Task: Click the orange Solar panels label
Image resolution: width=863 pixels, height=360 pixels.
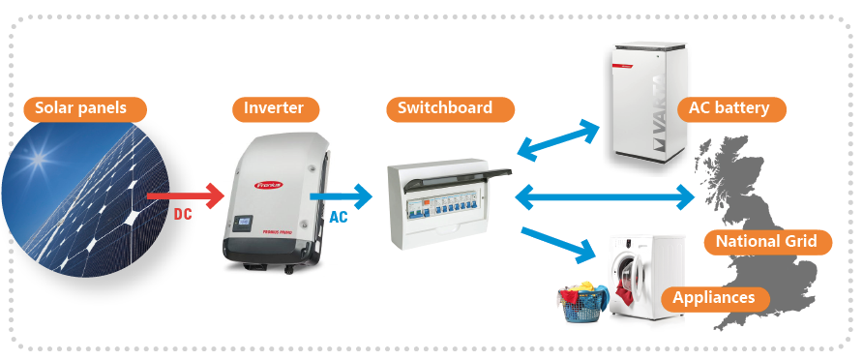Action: pyautogui.click(x=81, y=107)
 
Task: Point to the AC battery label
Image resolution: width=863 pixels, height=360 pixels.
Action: pyautogui.click(x=730, y=107)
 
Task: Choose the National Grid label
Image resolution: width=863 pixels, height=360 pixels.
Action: pyautogui.click(x=765, y=241)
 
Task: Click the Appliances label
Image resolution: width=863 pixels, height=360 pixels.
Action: pyautogui.click(x=713, y=297)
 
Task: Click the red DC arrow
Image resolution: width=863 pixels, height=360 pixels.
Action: pyautogui.click(x=174, y=197)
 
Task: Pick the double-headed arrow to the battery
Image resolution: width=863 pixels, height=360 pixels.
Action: pyautogui.click(x=560, y=139)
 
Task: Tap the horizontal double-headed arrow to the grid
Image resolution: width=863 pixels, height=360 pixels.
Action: pyautogui.click(x=605, y=197)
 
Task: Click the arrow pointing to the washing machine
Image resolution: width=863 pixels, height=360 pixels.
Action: pyautogui.click(x=558, y=245)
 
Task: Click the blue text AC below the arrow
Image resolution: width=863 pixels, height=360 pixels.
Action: pyautogui.click(x=339, y=217)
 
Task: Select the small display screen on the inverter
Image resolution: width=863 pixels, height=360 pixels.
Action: pyautogui.click(x=245, y=225)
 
